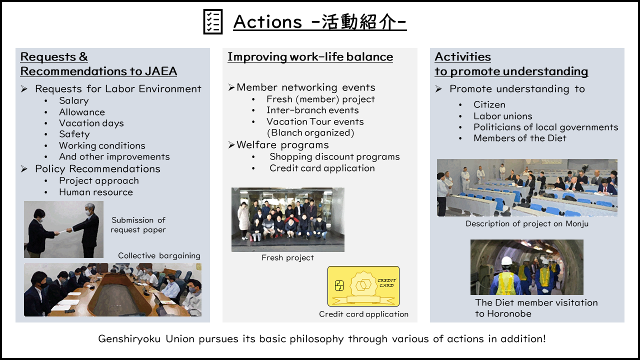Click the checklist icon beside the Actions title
pyautogui.click(x=213, y=21)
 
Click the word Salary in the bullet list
pyautogui.click(x=73, y=101)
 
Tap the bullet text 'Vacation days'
pyautogui.click(x=91, y=123)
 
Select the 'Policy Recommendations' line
pyautogui.click(x=97, y=169)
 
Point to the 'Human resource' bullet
pyautogui.click(x=96, y=192)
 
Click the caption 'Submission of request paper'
pyautogui.click(x=138, y=225)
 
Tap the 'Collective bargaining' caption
pyautogui.click(x=159, y=255)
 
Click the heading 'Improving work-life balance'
pyautogui.click(x=310, y=57)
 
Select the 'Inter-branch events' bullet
pyautogui.click(x=312, y=110)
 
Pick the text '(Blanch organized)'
pyautogui.click(x=310, y=133)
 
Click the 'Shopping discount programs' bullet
pyautogui.click(x=334, y=157)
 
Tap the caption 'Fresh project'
pyautogui.click(x=287, y=257)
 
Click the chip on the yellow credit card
pyautogui.click(x=339, y=285)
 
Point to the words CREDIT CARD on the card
pyautogui.click(x=387, y=283)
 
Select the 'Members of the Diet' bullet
pyautogui.click(x=519, y=138)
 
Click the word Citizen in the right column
pyautogui.click(x=489, y=104)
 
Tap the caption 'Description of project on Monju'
pyautogui.click(x=527, y=223)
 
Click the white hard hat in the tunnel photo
pyautogui.click(x=507, y=261)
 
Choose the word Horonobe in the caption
pyautogui.click(x=509, y=313)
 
